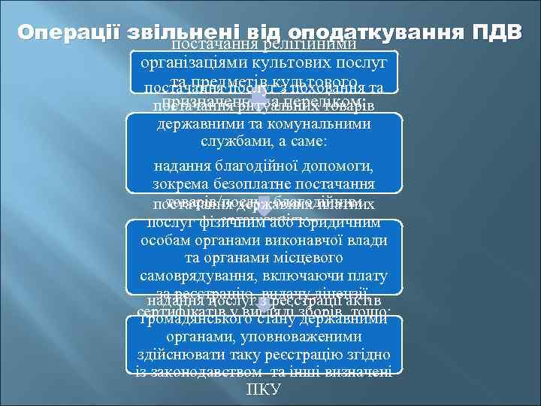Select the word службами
click(231, 141)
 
